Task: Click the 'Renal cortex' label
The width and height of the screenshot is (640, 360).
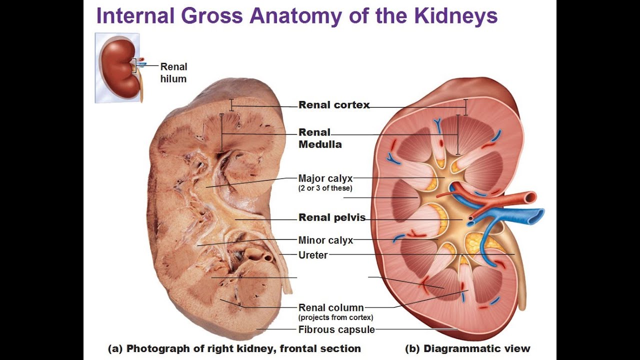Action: tap(334, 105)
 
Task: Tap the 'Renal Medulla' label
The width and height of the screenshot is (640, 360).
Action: tap(320, 138)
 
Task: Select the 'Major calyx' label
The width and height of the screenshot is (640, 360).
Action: tap(325, 178)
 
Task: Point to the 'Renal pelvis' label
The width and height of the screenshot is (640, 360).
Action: tap(332, 217)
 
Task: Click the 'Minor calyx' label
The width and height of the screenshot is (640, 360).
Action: tap(325, 240)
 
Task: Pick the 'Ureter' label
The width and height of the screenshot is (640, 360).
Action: tap(313, 255)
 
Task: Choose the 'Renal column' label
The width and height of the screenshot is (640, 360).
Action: tap(331, 308)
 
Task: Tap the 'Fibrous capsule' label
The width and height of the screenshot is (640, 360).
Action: tap(336, 329)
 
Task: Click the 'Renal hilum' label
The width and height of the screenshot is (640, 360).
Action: tap(173, 72)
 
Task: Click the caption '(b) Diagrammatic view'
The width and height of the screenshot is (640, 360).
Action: tap(467, 348)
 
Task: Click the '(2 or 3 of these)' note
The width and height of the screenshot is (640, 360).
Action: tap(325, 188)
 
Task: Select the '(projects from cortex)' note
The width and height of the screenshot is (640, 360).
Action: tap(335, 317)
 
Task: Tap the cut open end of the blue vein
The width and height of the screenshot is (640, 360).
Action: tap(537, 215)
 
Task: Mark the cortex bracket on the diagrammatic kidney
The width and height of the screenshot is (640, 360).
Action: tap(465, 107)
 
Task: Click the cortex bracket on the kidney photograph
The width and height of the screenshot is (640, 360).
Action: tap(231, 105)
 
